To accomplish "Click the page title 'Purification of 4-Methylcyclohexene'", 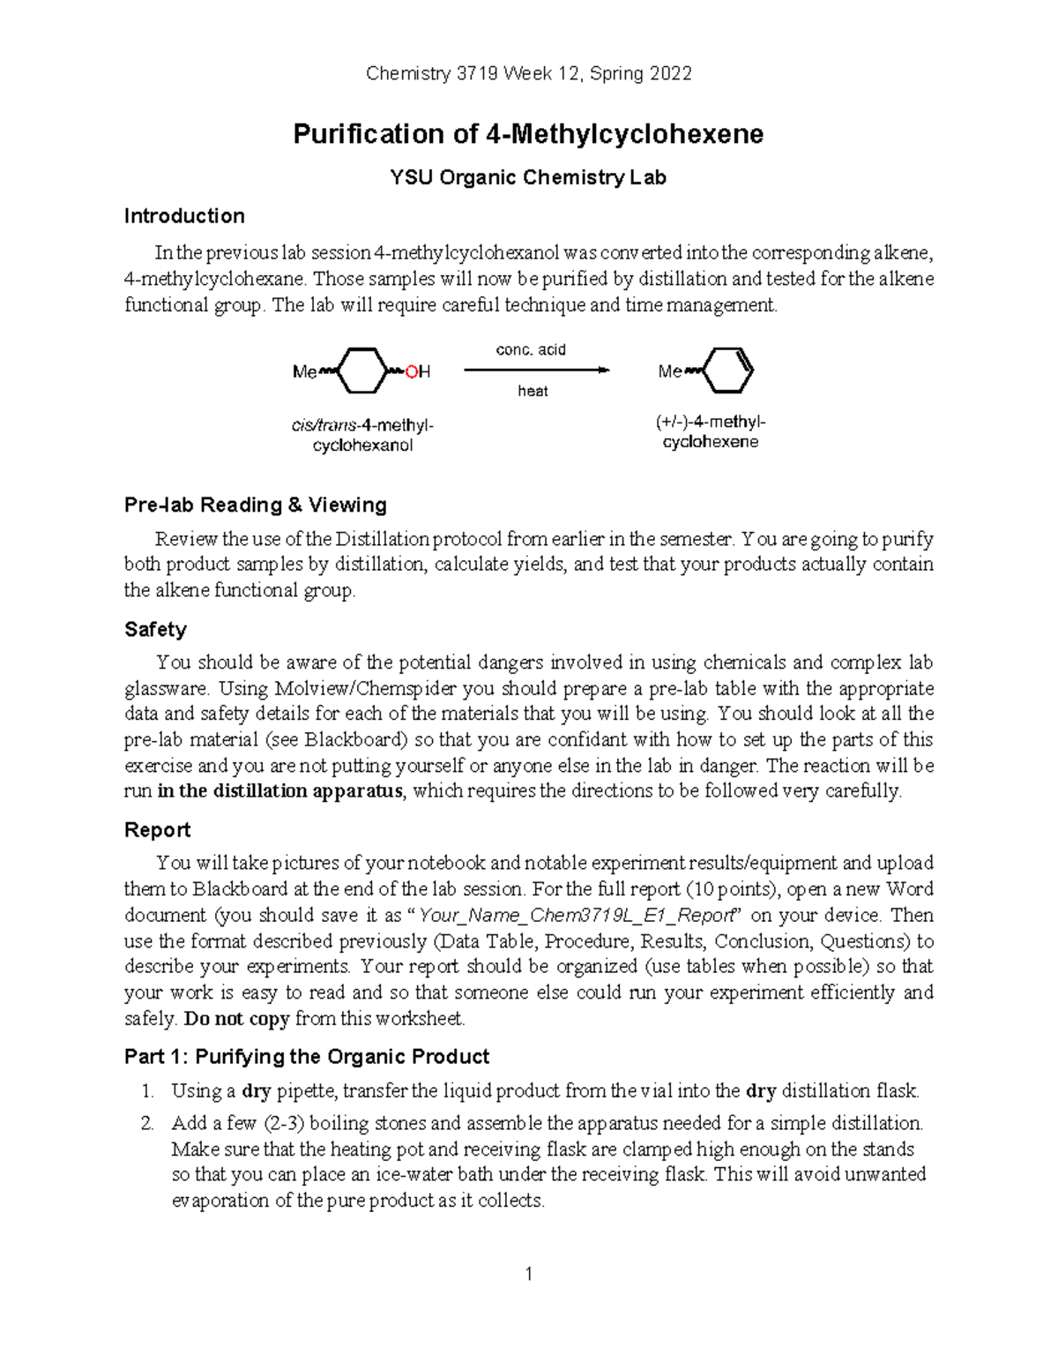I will point(527,134).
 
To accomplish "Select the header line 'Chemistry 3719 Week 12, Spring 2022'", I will point(528,74).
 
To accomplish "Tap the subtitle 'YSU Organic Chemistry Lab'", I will point(528,178).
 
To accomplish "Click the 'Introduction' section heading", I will point(184,216).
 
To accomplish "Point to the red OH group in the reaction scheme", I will point(418,372).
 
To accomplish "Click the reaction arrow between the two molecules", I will point(536,371).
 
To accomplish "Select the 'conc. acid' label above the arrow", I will point(531,350).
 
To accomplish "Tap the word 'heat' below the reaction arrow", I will point(533,391).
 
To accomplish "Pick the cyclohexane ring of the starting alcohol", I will point(362,371).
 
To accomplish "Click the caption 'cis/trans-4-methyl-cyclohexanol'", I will point(362,436).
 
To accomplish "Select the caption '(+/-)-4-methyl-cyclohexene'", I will point(710,432).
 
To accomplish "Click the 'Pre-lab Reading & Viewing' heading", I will point(256,505).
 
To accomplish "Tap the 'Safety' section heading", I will point(155,629).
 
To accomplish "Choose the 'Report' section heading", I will point(157,830).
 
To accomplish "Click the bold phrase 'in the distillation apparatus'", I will point(279,791).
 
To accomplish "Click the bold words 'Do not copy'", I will point(236,1019).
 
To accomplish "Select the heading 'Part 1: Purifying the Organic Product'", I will point(307,1057).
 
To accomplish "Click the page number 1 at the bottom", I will point(528,1274).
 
